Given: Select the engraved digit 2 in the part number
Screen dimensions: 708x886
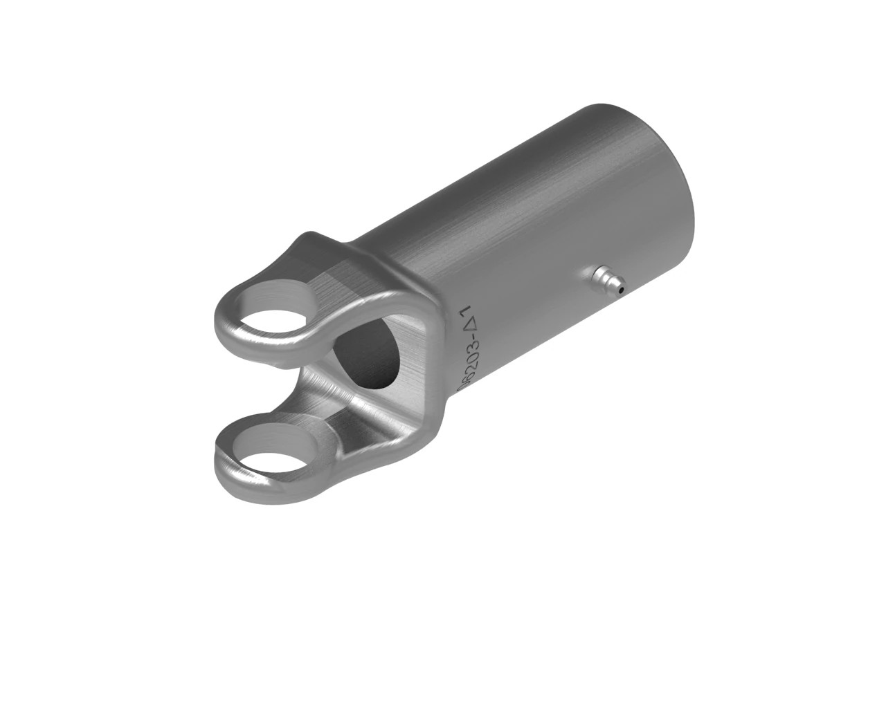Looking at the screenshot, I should point(471,366).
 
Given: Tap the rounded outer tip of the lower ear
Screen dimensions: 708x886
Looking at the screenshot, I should point(221,460).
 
